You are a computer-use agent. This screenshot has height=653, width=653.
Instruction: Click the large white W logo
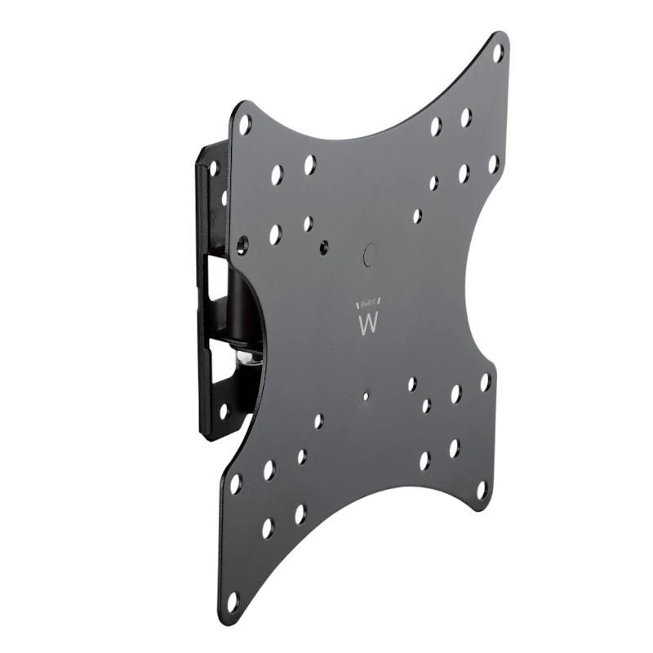[x=368, y=322]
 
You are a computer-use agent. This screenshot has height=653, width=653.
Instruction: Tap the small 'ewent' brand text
[x=368, y=300]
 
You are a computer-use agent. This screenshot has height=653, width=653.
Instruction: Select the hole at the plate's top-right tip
[x=497, y=53]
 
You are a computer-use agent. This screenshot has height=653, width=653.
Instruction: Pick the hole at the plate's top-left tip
[x=245, y=124]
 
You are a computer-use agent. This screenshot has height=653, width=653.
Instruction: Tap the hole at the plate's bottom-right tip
[x=481, y=490]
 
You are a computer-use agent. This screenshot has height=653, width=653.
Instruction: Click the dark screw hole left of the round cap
[x=326, y=244]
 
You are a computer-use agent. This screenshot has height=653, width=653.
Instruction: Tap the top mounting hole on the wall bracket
[x=214, y=168]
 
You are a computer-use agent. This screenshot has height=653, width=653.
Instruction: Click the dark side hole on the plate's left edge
[x=242, y=244]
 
